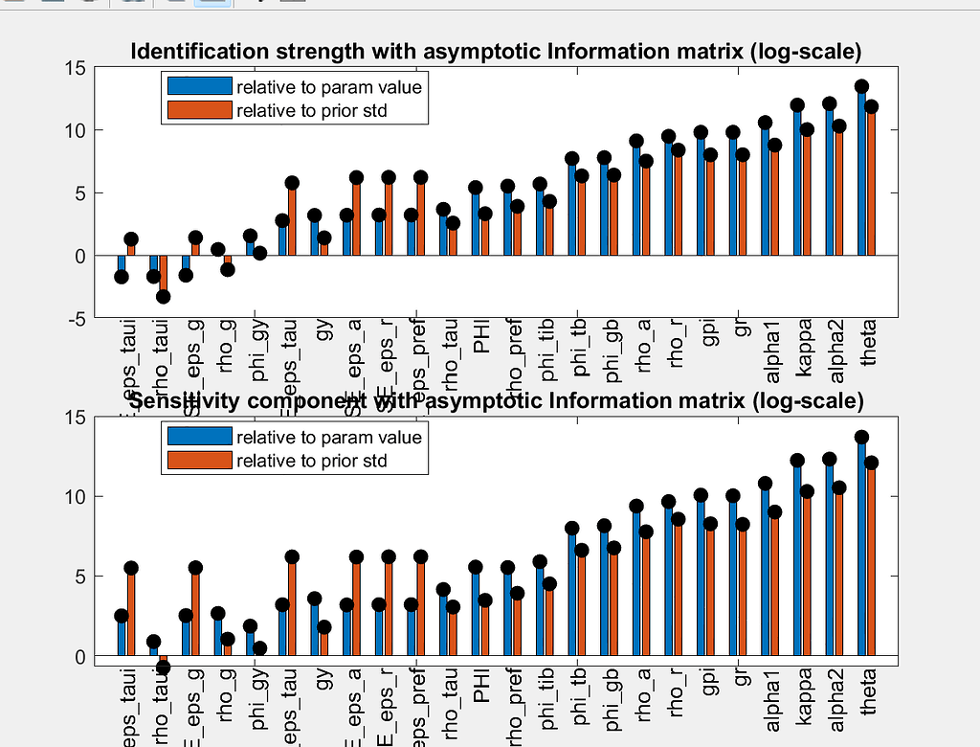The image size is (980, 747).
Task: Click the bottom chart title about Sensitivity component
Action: click(x=496, y=399)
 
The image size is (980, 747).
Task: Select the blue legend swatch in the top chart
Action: click(x=199, y=86)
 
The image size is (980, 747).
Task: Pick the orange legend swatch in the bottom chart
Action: click(x=199, y=462)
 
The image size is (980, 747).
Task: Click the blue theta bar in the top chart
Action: click(x=861, y=172)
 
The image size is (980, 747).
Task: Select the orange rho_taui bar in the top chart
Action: click(x=164, y=277)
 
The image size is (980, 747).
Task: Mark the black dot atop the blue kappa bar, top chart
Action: click(x=797, y=105)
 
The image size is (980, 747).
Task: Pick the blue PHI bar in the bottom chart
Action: click(x=475, y=613)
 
